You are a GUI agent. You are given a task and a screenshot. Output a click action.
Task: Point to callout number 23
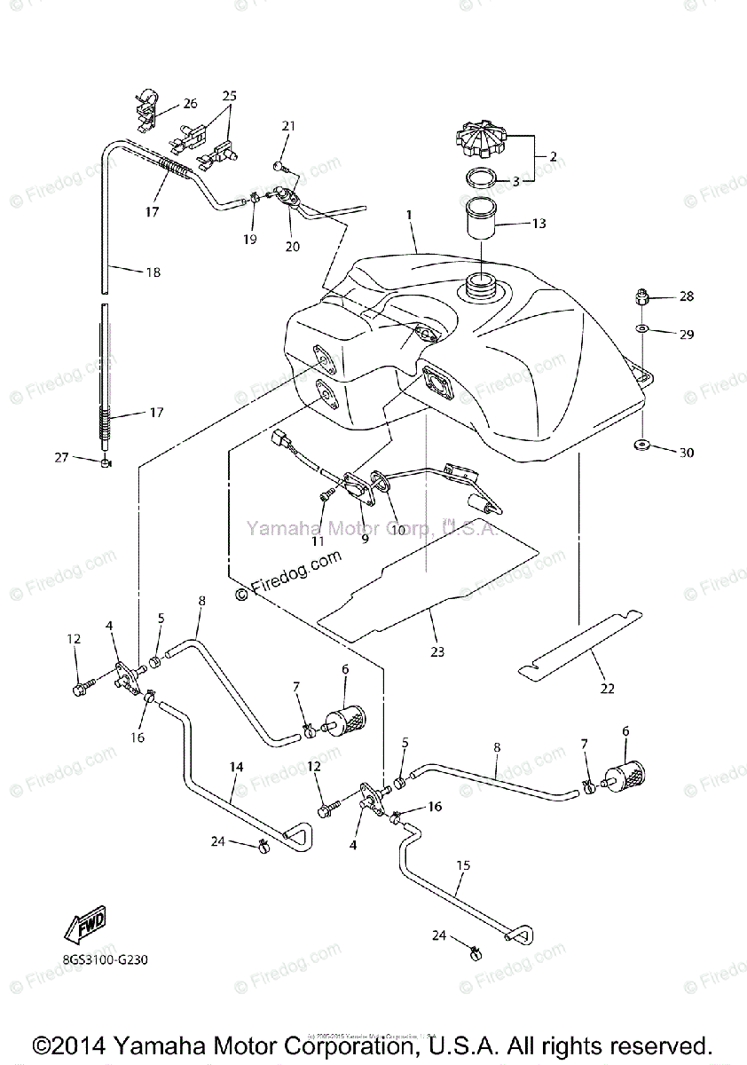coord(436,651)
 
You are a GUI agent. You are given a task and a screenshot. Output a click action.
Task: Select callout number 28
coord(686,296)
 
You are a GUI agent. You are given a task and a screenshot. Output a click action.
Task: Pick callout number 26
coord(191,103)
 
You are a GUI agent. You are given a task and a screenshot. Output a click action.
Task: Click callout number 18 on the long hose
coord(153,273)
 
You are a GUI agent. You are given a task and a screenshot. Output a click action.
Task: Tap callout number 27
coord(62,457)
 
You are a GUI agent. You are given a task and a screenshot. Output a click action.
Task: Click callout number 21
coord(287,127)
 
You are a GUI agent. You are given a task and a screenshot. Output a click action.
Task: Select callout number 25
coord(230,95)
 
